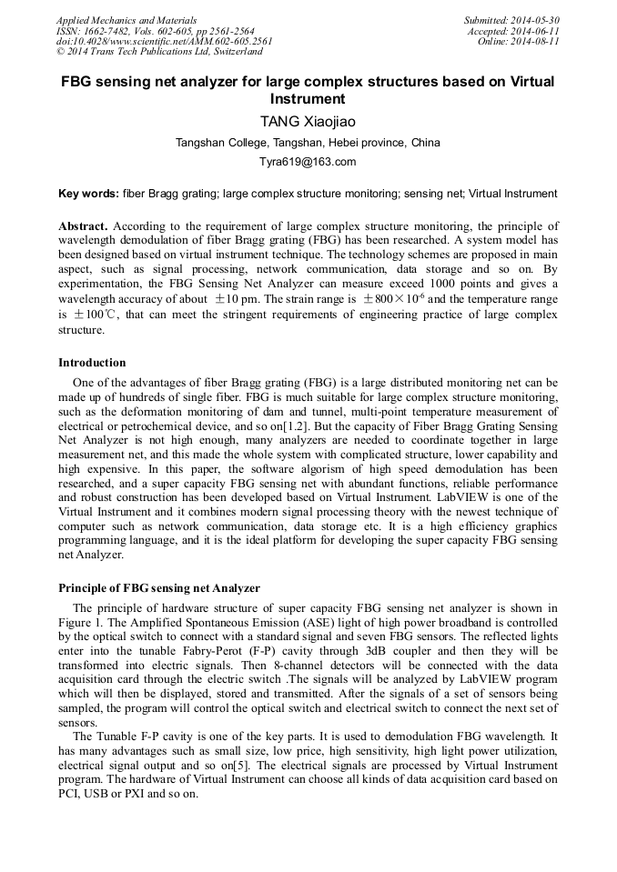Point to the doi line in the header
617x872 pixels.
pos(164,42)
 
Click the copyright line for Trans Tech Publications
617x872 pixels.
pos(159,52)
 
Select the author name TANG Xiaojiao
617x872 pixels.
pos(308,121)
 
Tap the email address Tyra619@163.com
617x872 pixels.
pos(308,162)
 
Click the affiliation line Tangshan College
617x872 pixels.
pos(308,143)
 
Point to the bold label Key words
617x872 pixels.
pos(88,194)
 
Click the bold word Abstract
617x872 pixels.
pos(83,226)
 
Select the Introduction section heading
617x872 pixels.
pos(92,363)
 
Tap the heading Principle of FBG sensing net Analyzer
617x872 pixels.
pos(159,588)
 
